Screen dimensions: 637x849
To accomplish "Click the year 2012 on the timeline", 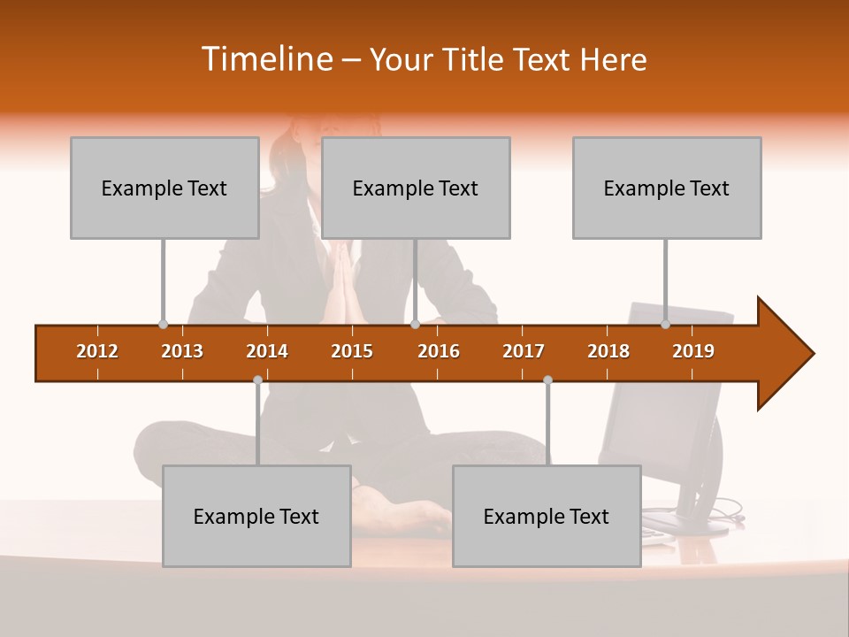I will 97,351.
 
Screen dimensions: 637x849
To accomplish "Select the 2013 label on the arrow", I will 182,351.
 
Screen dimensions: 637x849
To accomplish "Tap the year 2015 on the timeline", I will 352,351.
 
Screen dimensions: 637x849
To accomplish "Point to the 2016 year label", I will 439,351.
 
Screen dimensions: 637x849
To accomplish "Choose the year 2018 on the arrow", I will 608,351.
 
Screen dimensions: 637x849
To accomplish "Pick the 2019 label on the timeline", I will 693,351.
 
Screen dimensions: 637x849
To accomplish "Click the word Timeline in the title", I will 265,59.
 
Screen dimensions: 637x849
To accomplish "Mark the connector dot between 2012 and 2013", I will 163,325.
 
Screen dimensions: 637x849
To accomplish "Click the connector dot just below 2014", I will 257,380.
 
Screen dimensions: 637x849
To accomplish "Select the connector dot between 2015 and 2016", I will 415,325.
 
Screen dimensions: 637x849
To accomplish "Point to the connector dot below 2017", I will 547,380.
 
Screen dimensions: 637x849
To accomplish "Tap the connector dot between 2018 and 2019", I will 665,325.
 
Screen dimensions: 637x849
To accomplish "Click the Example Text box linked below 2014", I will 256,516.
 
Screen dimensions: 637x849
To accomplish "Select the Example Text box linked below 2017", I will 547,516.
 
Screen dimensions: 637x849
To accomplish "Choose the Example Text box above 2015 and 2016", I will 416,188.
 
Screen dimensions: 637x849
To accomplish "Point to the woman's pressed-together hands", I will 340,288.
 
